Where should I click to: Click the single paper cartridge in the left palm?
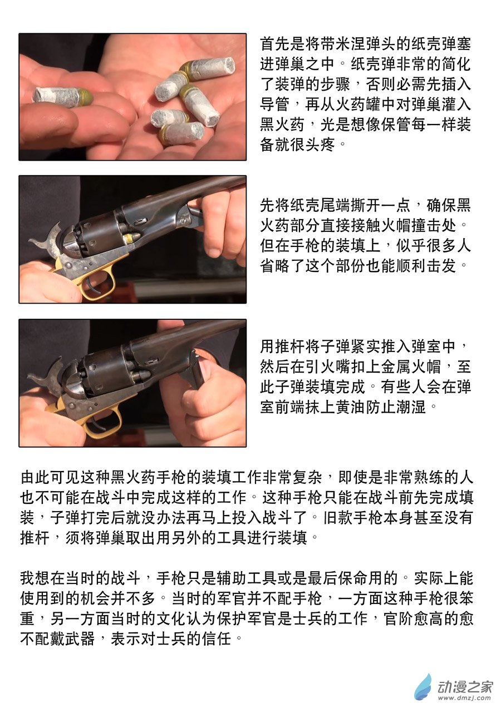62,95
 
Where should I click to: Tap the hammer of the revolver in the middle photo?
47,239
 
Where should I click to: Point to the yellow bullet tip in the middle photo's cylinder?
131,237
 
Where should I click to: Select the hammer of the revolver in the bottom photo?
46,373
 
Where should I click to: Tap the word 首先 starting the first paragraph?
274,44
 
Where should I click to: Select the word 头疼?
320,145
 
